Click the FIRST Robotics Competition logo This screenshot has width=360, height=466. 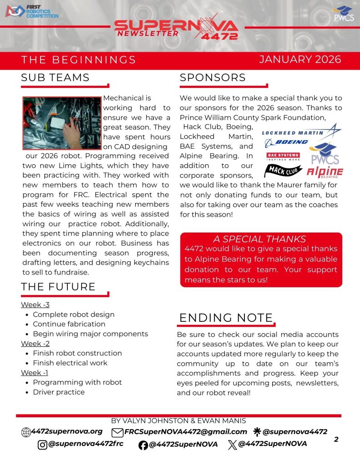(31, 12)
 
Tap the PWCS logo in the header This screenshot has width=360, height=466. (342, 14)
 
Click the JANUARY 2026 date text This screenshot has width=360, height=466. (300, 60)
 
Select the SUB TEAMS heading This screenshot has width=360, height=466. (55, 77)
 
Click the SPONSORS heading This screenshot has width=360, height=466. (213, 77)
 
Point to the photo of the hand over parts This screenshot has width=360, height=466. (62, 123)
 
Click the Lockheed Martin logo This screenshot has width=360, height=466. (301, 132)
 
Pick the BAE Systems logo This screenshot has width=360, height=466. (283, 157)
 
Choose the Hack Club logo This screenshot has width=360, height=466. (283, 171)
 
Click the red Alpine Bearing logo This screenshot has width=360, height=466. (325, 172)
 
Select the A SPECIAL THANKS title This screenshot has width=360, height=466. (259, 239)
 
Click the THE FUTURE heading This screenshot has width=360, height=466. (58, 287)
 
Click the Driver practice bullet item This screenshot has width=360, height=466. (59, 392)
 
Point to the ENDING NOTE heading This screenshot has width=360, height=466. (226, 318)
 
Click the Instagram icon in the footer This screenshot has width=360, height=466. (42, 445)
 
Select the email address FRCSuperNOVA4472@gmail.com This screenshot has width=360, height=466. (186, 432)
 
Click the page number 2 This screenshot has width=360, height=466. (336, 439)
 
